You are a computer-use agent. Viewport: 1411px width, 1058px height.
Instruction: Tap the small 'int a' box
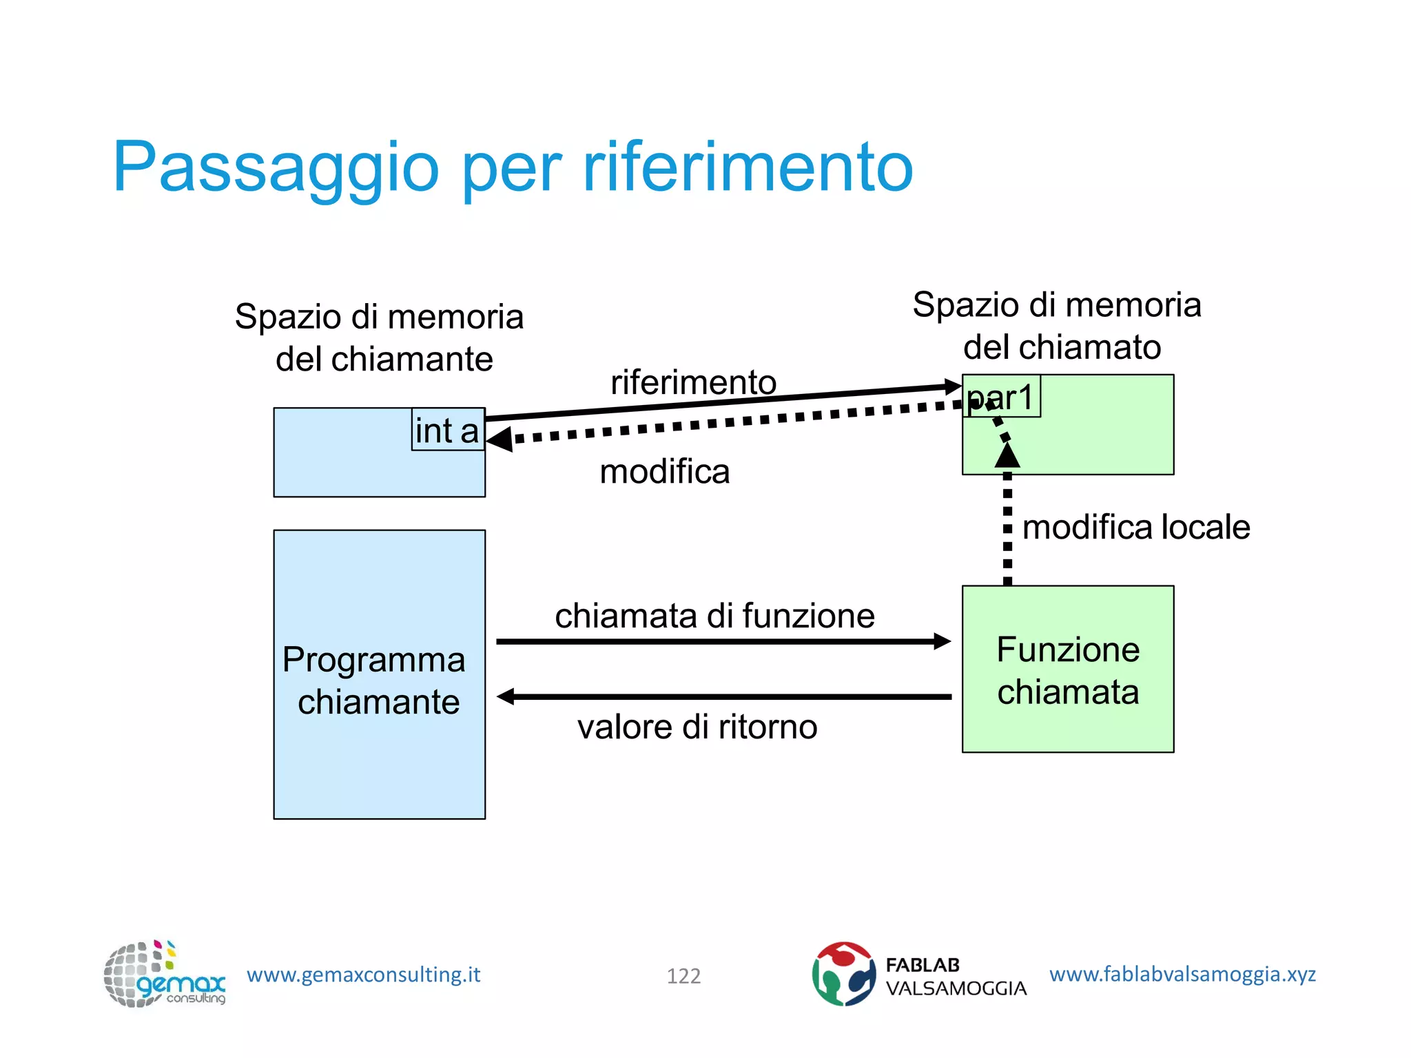(x=447, y=431)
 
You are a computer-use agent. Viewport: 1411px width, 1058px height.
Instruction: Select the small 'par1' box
(x=1000, y=397)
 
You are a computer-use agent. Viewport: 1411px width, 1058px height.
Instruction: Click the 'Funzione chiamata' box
(x=1067, y=670)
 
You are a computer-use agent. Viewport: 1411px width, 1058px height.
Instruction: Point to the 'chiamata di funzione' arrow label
(x=714, y=615)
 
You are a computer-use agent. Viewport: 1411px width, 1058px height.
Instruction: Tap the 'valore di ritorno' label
(x=697, y=727)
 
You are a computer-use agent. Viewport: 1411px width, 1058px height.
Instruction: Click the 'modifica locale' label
(x=1135, y=527)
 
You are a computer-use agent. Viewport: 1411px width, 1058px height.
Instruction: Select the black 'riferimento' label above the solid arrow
(x=693, y=382)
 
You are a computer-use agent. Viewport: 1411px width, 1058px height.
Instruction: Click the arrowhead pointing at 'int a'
(x=499, y=439)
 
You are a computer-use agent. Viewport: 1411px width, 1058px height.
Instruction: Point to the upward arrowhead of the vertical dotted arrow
(x=1007, y=455)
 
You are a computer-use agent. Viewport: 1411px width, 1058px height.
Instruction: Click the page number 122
(x=683, y=975)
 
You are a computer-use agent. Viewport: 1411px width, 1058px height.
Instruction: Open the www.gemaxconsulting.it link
(x=363, y=975)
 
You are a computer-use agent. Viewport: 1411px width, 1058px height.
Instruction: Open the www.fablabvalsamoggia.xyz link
(x=1182, y=974)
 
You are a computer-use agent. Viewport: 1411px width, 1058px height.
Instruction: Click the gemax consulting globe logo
(x=163, y=974)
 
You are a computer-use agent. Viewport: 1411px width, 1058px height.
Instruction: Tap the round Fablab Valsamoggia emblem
(x=843, y=974)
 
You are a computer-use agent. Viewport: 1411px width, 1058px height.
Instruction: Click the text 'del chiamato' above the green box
(x=1062, y=346)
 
